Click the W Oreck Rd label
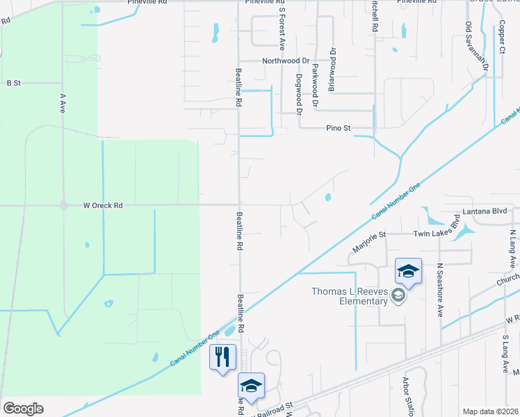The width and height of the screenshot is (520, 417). coord(103,206)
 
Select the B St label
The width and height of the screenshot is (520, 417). coord(14,83)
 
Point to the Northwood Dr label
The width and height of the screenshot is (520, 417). coord(285,61)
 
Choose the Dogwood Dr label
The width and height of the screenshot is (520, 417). coord(299,94)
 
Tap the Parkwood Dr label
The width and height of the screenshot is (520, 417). coord(316,85)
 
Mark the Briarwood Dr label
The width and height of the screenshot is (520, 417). coord(332,69)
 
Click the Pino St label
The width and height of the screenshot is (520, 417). coord(339,129)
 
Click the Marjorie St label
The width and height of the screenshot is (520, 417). coord(368,244)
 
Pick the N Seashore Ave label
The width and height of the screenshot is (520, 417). coord(440,290)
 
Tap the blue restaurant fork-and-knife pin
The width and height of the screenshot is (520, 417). coord(222,357)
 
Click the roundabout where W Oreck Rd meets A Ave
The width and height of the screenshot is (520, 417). coord(63,206)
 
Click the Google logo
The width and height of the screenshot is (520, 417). coord(23,409)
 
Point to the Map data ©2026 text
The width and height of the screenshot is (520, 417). coord(489,411)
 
